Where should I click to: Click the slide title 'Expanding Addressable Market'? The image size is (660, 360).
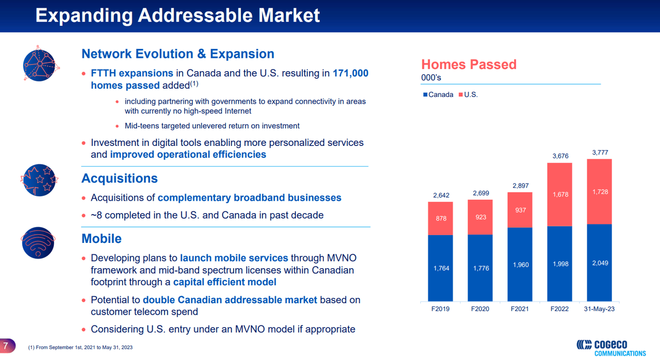pyautogui.click(x=177, y=15)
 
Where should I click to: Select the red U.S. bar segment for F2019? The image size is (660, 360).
pyautogui.click(x=440, y=218)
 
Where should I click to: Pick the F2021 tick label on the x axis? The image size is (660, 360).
pyautogui.click(x=520, y=309)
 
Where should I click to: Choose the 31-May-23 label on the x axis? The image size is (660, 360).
pyautogui.click(x=599, y=309)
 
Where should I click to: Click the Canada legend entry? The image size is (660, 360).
pyautogui.click(x=438, y=94)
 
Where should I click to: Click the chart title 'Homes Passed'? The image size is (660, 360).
pyautogui.click(x=468, y=64)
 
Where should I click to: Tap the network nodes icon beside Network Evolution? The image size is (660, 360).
pyautogui.click(x=39, y=64)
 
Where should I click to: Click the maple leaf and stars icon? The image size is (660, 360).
pyautogui.click(x=39, y=180)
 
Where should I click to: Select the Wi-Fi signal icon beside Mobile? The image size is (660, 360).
pyautogui.click(x=39, y=242)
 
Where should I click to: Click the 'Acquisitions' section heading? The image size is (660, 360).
pyautogui.click(x=119, y=178)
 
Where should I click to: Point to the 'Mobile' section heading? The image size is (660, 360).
pyautogui.click(x=102, y=239)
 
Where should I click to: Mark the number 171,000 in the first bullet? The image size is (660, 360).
pyautogui.click(x=351, y=73)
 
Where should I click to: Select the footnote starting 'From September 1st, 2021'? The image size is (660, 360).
pyautogui.click(x=80, y=348)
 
